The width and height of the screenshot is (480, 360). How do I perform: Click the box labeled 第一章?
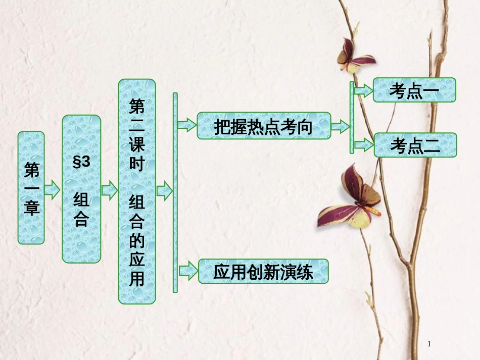point(31,188)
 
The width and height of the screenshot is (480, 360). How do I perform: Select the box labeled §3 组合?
point(81,189)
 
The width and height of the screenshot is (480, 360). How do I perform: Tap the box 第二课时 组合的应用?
point(137,191)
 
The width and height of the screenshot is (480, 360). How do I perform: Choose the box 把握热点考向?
point(263,126)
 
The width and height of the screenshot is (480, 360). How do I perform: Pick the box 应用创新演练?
point(263,272)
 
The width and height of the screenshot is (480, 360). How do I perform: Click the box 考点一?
point(414,90)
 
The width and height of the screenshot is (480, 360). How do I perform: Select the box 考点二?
point(415,145)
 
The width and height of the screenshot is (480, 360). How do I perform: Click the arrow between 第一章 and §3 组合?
point(52,190)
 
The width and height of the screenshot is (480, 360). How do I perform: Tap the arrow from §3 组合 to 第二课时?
point(109,190)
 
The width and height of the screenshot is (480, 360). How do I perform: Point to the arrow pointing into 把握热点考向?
point(186,125)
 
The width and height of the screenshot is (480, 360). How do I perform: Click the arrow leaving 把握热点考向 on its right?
point(340,126)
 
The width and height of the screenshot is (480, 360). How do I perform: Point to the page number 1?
point(429,344)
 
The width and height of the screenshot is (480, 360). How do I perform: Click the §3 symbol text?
point(81,162)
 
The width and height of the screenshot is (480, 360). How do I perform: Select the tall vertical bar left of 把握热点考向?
point(175,192)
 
